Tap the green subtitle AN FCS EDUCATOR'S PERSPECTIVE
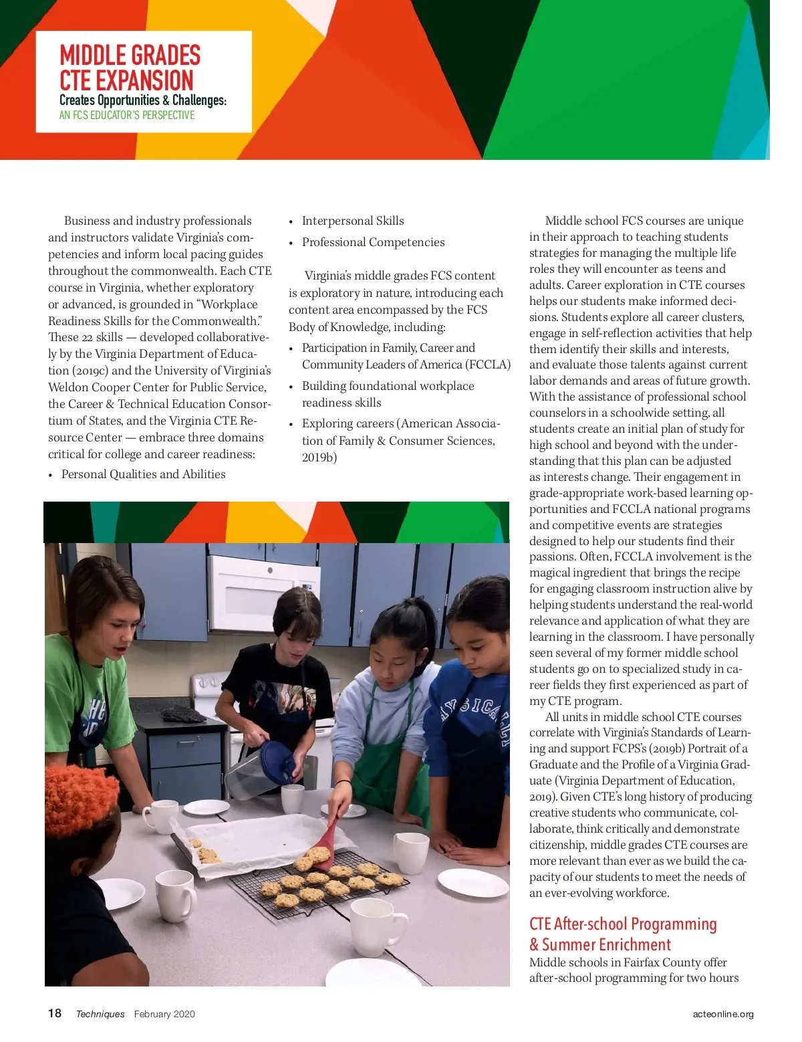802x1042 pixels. [127, 115]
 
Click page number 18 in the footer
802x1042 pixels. [55, 1013]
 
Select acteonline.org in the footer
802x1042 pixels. [723, 1014]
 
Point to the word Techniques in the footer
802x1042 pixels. [100, 1014]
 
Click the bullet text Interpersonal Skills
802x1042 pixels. [353, 221]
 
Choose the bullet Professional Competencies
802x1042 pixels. [373, 242]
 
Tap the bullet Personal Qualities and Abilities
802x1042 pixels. [143, 474]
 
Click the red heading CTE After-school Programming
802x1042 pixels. [623, 924]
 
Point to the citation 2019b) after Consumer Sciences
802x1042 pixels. [319, 457]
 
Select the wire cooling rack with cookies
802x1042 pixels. [314, 883]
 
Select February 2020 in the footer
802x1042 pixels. [164, 1014]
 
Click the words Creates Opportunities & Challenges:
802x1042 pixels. [143, 100]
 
